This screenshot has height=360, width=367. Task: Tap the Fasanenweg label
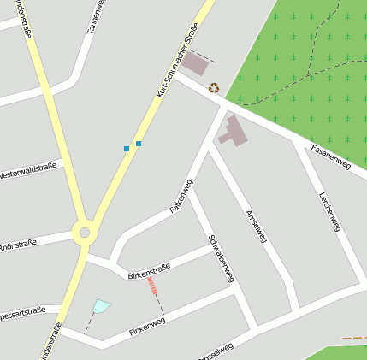[x=331, y=156]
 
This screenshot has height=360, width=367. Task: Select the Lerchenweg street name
[x=329, y=210]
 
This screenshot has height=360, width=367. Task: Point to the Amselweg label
[x=256, y=226]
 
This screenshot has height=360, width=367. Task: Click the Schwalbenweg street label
[x=221, y=257]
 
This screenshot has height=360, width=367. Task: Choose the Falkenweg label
[x=181, y=196]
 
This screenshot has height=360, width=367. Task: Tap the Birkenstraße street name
[x=149, y=271]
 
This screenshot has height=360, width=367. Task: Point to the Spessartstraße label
[x=22, y=311]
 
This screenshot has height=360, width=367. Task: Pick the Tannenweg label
[x=95, y=17]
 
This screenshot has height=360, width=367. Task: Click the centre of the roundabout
[x=84, y=232]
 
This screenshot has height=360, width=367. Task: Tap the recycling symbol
[x=214, y=87]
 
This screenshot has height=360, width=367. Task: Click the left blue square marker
[x=127, y=149]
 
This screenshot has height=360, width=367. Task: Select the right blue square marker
[x=139, y=144]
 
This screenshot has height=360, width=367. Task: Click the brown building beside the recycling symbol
[x=195, y=64]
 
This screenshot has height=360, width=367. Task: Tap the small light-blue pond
[x=101, y=305]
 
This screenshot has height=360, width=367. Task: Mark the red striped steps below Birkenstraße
[x=153, y=286]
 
